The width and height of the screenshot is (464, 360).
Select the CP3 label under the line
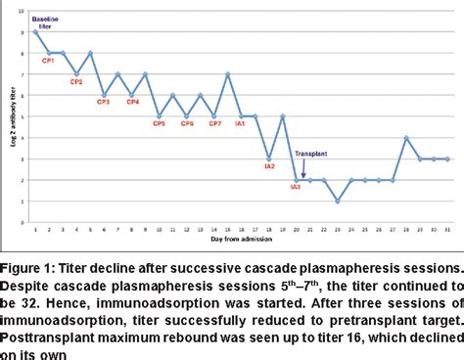[x=105, y=101]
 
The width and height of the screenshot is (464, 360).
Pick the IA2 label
[x=269, y=165]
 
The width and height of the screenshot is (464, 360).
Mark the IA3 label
[x=296, y=186]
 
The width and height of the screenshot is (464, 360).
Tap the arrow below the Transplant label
[x=303, y=168]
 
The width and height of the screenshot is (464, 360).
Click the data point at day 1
[x=35, y=31]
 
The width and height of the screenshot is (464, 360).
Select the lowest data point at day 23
[x=337, y=202]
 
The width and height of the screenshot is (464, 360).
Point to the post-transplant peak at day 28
[x=405, y=137]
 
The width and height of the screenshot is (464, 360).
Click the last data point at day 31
[x=446, y=158]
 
